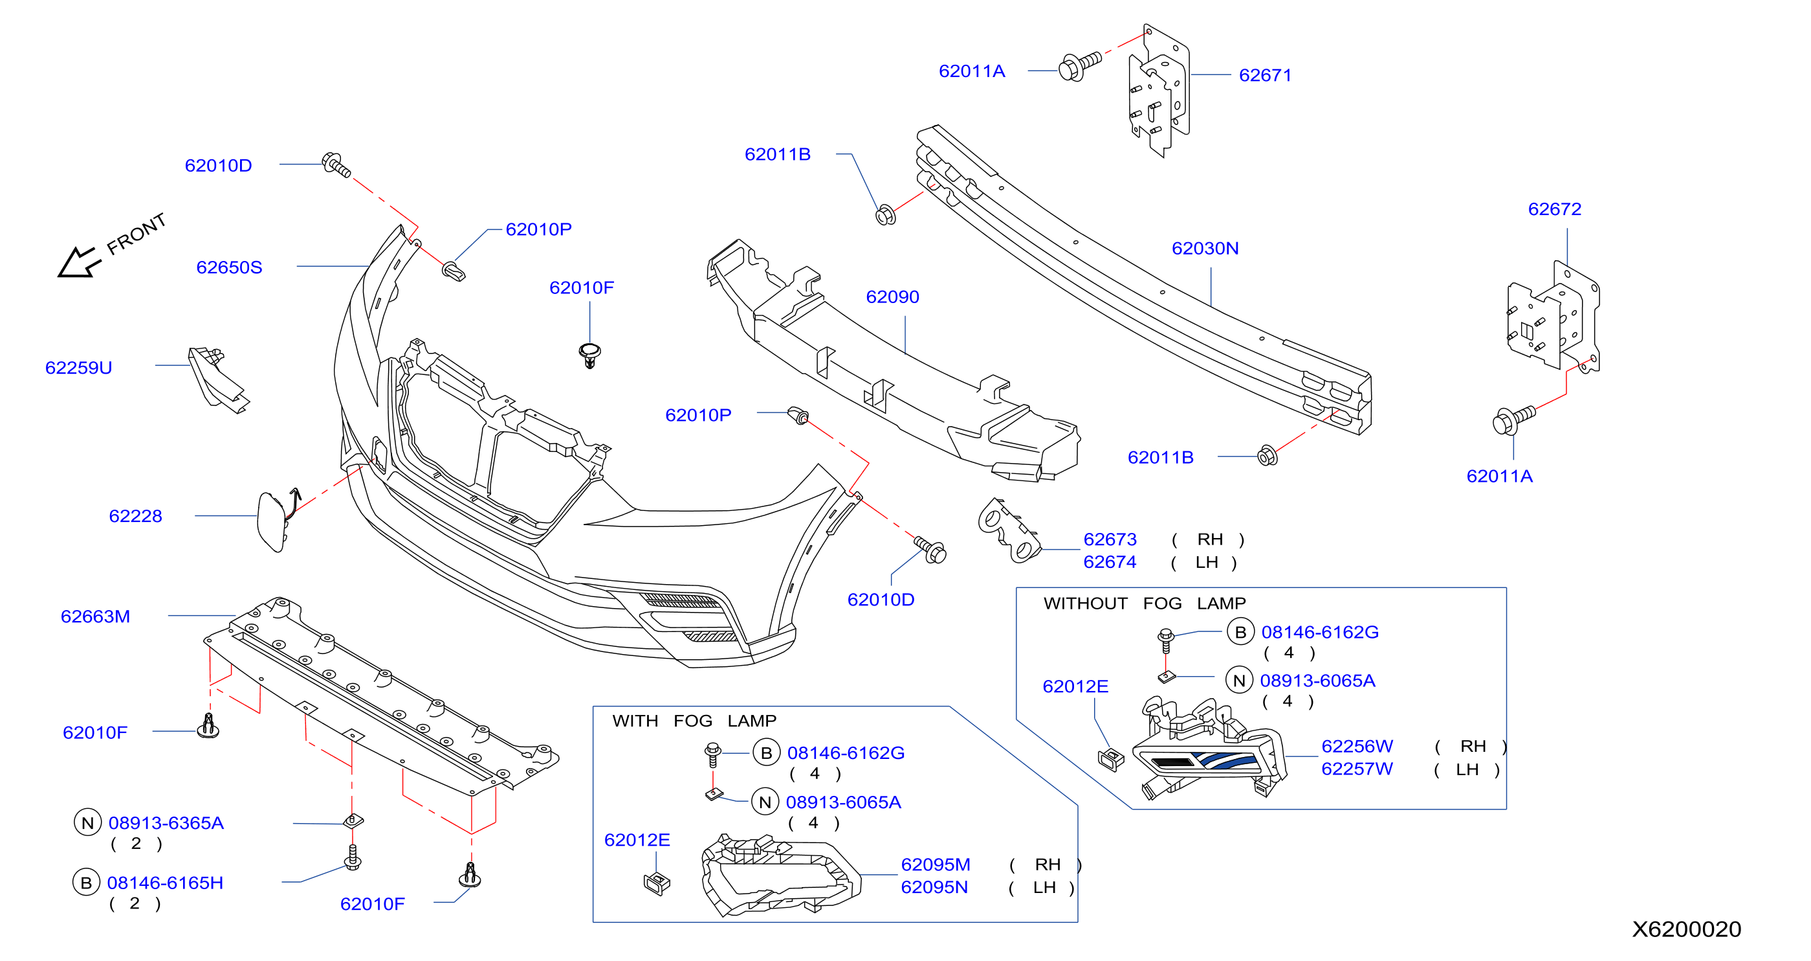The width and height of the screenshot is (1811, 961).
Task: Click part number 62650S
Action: (x=229, y=267)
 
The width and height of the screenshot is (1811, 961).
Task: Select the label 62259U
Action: (x=79, y=368)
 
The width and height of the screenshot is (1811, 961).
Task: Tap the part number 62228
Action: (x=136, y=516)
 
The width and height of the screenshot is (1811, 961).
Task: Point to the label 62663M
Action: (x=96, y=617)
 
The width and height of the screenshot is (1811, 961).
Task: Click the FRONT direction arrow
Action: (x=80, y=262)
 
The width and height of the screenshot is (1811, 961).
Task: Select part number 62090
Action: (x=893, y=297)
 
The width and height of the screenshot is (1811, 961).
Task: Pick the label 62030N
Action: (x=1205, y=248)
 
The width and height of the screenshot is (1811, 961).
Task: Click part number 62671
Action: (x=1266, y=75)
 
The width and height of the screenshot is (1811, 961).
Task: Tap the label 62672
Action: (x=1555, y=209)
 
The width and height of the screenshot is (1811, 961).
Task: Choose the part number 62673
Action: (x=1110, y=539)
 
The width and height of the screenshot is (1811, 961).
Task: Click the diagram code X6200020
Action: (x=1687, y=929)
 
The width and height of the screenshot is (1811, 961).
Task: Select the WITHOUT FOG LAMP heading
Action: (x=1145, y=604)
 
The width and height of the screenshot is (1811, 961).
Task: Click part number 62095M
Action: (x=936, y=865)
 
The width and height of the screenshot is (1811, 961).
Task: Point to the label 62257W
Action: (x=1357, y=769)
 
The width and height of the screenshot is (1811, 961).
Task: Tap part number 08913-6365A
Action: (x=166, y=823)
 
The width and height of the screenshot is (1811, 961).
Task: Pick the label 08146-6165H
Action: (x=165, y=883)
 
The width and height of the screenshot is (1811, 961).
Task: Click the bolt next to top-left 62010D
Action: (x=336, y=164)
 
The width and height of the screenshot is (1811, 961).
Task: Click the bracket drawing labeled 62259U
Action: (x=218, y=380)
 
